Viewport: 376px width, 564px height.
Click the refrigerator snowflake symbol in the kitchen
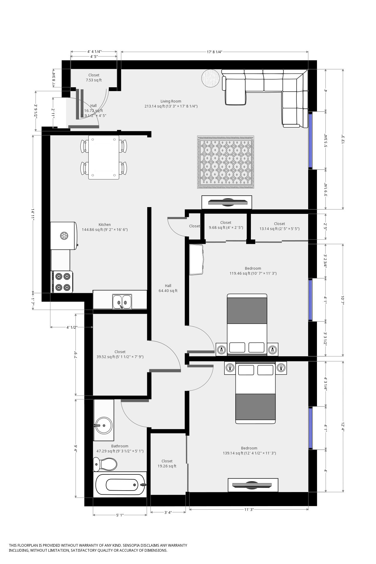click(x=64, y=235)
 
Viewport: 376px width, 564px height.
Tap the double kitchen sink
click(x=122, y=302)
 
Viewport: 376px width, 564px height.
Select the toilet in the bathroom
click(x=105, y=464)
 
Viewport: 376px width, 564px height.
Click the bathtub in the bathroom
click(x=121, y=485)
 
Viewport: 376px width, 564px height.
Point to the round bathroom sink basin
click(x=104, y=425)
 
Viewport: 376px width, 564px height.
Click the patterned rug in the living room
click(x=225, y=162)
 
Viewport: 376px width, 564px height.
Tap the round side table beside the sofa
click(x=210, y=78)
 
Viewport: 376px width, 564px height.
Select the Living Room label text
click(x=171, y=101)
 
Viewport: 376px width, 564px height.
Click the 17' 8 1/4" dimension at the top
click(x=214, y=52)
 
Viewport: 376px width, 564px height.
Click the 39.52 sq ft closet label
click(x=120, y=354)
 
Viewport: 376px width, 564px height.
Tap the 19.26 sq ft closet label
click(x=167, y=464)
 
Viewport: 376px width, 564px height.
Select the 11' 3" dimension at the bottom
click(x=249, y=510)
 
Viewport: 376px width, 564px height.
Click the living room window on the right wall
click(x=310, y=140)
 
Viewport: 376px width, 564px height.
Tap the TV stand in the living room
click(x=227, y=202)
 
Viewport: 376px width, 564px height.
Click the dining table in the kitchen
click(x=104, y=157)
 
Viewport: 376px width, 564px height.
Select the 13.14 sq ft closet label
click(x=279, y=226)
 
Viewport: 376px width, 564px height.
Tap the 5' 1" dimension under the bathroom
click(x=120, y=515)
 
